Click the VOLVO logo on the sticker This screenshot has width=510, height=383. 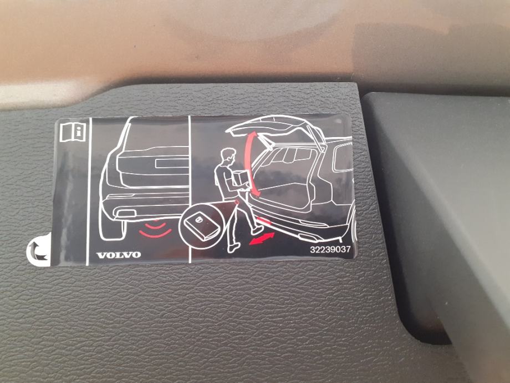[119, 255]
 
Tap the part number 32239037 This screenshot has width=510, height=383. [330, 249]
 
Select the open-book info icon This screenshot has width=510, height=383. [73, 132]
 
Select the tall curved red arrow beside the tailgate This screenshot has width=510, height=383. [252, 164]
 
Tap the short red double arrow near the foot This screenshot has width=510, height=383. [262, 239]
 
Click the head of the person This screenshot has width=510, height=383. [228, 157]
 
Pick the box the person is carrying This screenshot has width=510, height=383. [241, 181]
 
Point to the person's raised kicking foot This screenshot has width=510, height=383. [258, 230]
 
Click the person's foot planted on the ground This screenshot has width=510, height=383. [234, 248]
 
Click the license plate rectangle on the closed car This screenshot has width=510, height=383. [172, 163]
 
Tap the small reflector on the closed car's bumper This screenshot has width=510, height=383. [126, 214]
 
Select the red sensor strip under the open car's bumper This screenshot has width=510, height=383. [263, 220]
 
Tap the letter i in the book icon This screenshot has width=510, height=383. [78, 132]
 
